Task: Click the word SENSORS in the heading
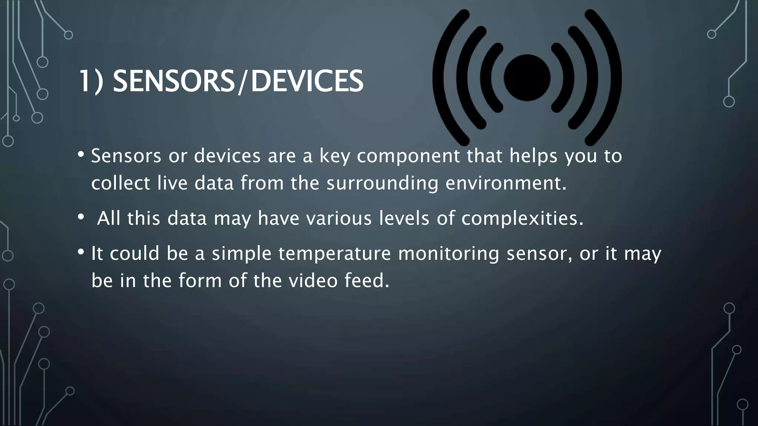[x=173, y=81]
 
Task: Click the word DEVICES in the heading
[x=307, y=81]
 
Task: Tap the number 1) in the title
[x=91, y=81]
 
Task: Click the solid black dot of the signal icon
[x=527, y=78]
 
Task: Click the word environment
[x=506, y=183]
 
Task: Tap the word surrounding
[x=382, y=183]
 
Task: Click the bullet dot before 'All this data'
[x=81, y=217]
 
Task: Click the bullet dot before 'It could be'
[x=81, y=252]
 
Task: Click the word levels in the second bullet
[x=404, y=218]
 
